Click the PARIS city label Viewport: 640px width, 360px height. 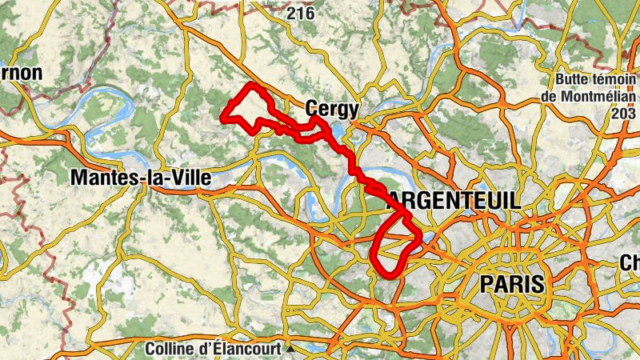click(511, 283)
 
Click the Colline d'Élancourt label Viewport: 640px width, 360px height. click(214, 350)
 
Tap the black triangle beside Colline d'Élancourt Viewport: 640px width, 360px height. click(291, 350)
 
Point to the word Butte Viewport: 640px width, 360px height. click(574, 80)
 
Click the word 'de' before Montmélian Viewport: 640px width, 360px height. click(549, 96)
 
